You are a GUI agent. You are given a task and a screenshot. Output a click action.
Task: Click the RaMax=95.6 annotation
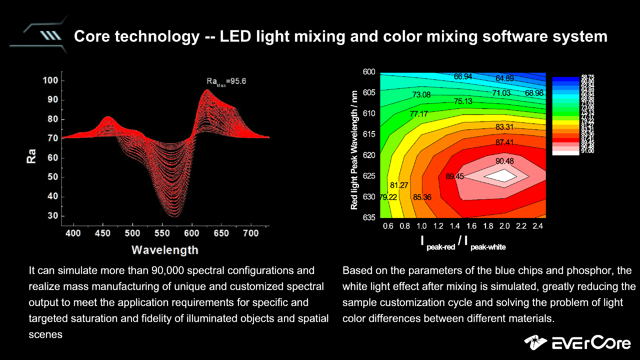226,81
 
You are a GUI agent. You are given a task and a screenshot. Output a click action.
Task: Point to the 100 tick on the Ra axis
50,80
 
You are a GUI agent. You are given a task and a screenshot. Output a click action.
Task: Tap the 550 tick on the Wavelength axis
162,233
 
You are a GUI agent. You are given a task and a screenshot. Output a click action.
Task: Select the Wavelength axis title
165,250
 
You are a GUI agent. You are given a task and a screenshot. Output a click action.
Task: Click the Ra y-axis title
31,156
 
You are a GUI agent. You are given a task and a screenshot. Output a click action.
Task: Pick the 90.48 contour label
504,161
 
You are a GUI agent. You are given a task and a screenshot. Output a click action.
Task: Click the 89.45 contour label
455,176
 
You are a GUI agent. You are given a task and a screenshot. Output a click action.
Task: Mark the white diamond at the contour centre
504,175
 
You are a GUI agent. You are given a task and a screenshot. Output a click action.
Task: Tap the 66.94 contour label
463,77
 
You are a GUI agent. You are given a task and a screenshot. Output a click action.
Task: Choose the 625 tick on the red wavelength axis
369,176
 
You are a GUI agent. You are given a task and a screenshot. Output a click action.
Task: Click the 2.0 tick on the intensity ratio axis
504,226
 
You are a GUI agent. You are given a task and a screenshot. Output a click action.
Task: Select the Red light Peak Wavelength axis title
354,150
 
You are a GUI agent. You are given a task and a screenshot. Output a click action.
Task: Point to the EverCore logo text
591,343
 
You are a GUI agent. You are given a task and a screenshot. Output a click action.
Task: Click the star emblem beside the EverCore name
535,342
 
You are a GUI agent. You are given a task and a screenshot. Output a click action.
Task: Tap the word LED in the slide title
235,36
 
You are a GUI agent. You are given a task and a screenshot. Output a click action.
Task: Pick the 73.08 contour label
421,95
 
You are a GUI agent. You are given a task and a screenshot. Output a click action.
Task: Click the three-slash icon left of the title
51,36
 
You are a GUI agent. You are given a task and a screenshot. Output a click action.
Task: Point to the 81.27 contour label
399,185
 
